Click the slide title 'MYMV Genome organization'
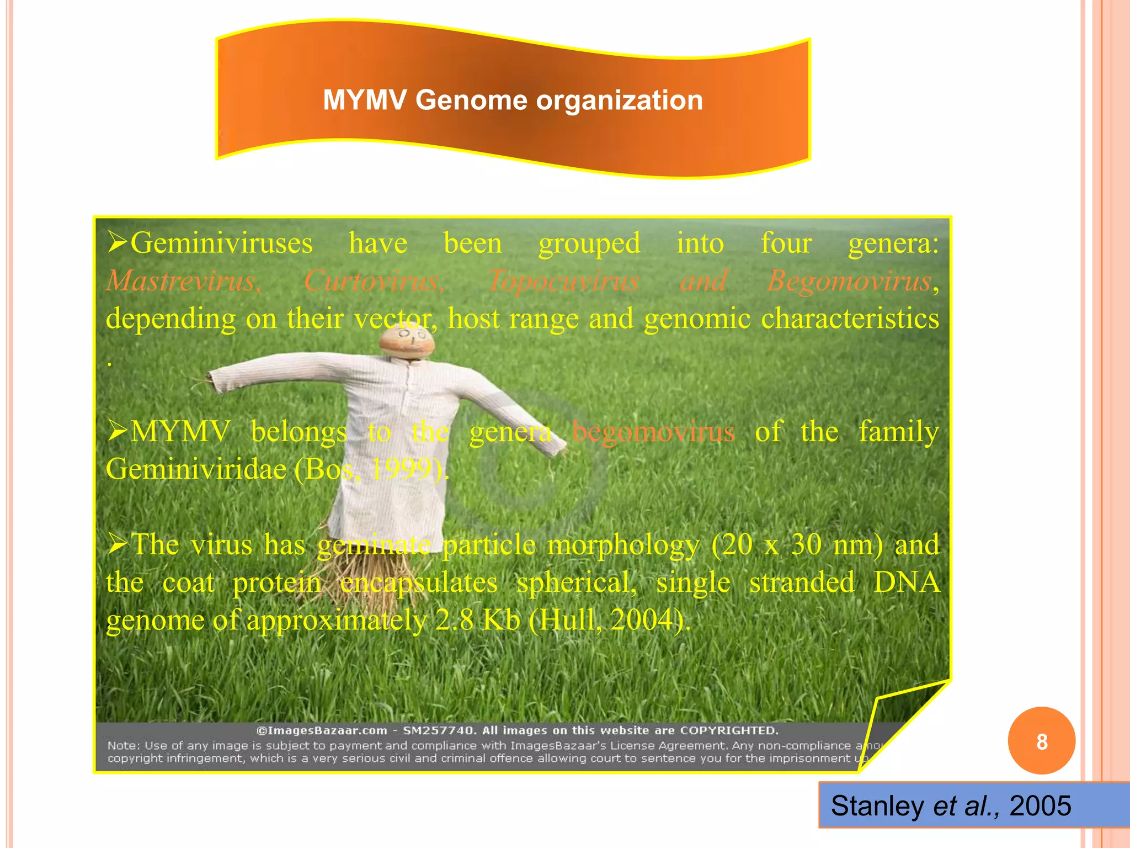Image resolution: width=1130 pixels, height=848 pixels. [x=513, y=100]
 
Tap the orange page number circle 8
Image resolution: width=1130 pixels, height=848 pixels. [x=1041, y=741]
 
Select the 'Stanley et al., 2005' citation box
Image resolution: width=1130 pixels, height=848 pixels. [x=951, y=805]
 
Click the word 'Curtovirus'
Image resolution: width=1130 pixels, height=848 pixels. [x=374, y=280]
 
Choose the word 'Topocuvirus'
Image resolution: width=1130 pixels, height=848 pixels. [x=564, y=280]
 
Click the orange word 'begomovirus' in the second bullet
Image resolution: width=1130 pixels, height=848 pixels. [x=654, y=431]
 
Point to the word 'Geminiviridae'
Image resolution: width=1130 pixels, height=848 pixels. [x=196, y=469]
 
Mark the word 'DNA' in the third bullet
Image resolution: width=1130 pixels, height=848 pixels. [x=907, y=582]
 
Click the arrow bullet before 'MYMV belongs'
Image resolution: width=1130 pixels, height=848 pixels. [x=118, y=431]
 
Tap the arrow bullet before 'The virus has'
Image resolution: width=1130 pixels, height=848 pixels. [x=118, y=544]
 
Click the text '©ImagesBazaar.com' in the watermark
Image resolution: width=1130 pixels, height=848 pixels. [x=322, y=730]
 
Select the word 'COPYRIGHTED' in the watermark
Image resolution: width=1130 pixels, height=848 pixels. [x=729, y=730]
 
